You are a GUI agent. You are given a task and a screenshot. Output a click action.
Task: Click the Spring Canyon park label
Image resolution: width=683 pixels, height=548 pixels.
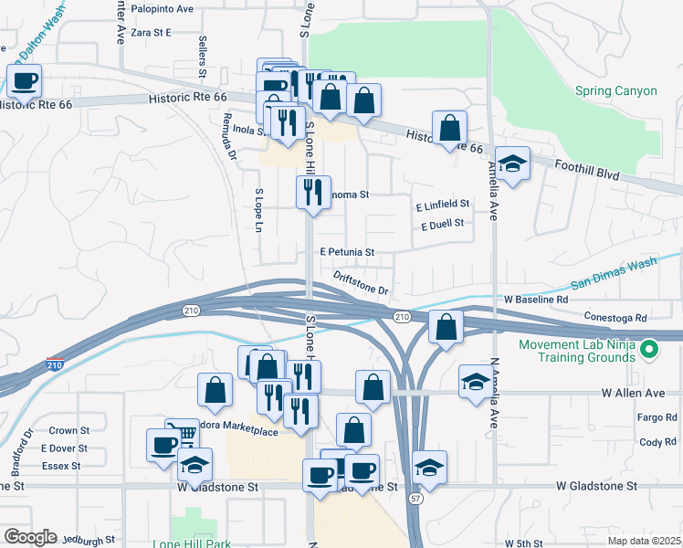click(615, 90)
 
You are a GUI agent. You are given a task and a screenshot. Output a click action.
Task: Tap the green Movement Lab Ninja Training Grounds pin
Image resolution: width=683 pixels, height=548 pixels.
click(649, 348)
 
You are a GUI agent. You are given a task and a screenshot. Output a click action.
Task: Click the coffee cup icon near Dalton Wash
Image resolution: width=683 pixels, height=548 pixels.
click(26, 81)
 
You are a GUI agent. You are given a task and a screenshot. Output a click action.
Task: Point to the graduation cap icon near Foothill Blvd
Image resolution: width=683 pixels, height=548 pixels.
click(513, 164)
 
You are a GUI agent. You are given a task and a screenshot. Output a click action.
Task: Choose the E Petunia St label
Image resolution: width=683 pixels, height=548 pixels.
click(347, 251)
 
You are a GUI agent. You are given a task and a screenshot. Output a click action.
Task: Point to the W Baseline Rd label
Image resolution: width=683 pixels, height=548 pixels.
click(536, 299)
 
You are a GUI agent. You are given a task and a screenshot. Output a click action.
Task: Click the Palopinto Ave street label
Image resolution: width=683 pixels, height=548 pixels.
click(163, 8)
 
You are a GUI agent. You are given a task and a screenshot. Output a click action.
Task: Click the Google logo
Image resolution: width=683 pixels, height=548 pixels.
click(30, 537)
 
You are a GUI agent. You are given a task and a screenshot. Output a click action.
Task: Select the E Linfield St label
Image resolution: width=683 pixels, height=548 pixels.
click(442, 204)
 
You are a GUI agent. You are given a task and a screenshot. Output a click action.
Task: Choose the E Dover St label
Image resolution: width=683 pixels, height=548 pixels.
click(64, 448)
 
